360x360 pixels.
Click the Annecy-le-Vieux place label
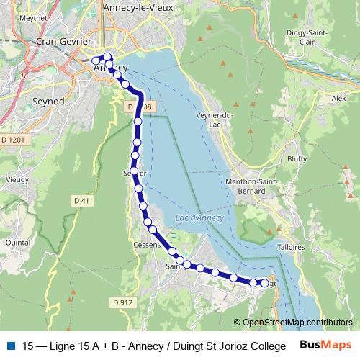(x=136, y=8)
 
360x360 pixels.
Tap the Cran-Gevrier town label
(x=63, y=42)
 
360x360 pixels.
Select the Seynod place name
(x=49, y=102)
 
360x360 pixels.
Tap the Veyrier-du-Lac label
(x=214, y=120)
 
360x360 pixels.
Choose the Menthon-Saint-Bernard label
(x=255, y=186)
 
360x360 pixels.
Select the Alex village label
(x=339, y=98)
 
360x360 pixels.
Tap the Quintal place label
(x=17, y=243)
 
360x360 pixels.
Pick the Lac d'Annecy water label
(x=199, y=218)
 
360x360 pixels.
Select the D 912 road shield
(x=123, y=302)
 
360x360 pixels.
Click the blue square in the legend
(x=10, y=344)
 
